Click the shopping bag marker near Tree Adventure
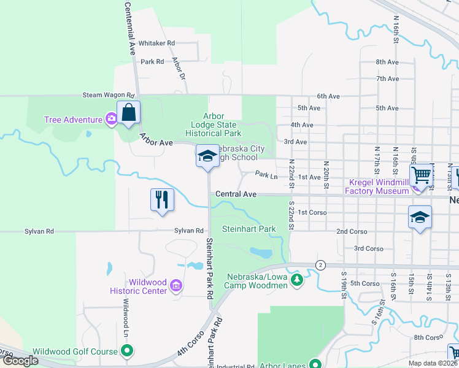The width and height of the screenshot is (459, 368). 128,113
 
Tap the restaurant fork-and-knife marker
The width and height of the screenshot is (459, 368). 162,200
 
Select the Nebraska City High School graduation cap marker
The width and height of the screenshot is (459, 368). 207,156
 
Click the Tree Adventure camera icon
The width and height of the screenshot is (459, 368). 111,118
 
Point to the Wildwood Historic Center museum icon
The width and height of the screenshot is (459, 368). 176,285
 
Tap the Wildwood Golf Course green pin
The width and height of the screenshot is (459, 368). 127,351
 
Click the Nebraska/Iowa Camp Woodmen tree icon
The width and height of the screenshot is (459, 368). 297,280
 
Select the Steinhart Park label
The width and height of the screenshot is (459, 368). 249,229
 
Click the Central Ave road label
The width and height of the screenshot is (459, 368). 236,194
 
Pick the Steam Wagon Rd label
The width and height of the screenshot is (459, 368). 108,96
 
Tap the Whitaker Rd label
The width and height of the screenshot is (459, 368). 156,43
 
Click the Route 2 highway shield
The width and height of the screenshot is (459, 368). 320,265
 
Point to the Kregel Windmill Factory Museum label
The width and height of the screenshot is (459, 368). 379,186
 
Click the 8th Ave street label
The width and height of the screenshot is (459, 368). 388,62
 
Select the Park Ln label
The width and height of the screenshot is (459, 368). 267,175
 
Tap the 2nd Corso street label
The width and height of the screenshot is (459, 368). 352,231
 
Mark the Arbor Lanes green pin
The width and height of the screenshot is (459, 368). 315,364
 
